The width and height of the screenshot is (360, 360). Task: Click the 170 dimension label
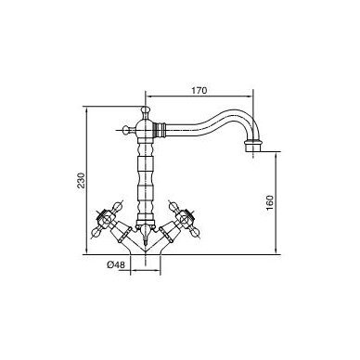(199, 91)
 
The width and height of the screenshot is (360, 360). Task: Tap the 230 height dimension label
(81, 180)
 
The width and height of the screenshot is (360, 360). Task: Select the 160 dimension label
(270, 202)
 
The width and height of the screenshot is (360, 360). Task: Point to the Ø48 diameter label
(116, 264)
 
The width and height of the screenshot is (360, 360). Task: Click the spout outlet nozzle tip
(253, 146)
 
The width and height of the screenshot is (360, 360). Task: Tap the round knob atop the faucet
(145, 110)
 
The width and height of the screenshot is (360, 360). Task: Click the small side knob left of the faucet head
(126, 130)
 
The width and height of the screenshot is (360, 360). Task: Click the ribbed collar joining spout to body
(160, 130)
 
